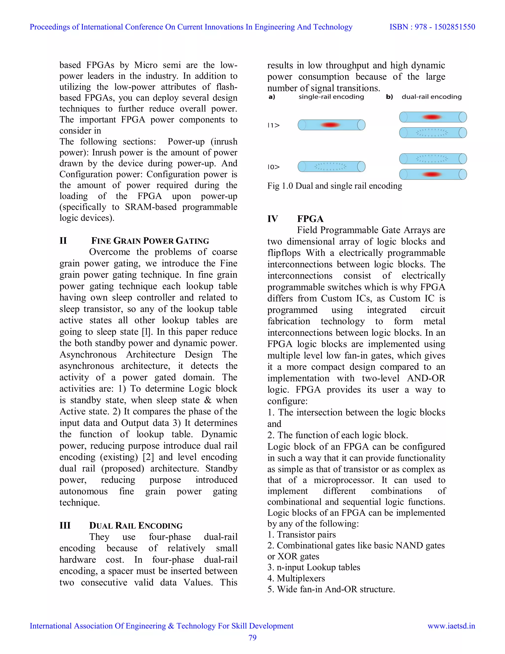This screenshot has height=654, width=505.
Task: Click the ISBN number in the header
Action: point(432,27)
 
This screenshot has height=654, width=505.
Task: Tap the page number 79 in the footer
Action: point(252,637)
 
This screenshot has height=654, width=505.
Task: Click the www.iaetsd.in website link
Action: point(451,626)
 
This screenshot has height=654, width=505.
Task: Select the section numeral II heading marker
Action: point(63,241)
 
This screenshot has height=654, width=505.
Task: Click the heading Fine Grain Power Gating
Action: point(150,241)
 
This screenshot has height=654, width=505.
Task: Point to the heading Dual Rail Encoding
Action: point(136,525)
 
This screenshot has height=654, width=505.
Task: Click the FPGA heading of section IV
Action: point(310,219)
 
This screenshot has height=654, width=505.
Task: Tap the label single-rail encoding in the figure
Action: point(331,97)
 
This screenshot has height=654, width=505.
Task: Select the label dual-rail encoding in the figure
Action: point(432,97)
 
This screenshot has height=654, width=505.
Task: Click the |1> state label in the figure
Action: point(273,125)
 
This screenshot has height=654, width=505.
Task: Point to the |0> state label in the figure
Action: point(273,167)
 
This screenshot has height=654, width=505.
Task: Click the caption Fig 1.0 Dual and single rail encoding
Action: point(334,186)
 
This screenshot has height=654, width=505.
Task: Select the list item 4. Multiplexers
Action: point(296,578)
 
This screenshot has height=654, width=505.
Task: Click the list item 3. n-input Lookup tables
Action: point(314,567)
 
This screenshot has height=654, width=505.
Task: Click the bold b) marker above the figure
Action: point(389,97)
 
